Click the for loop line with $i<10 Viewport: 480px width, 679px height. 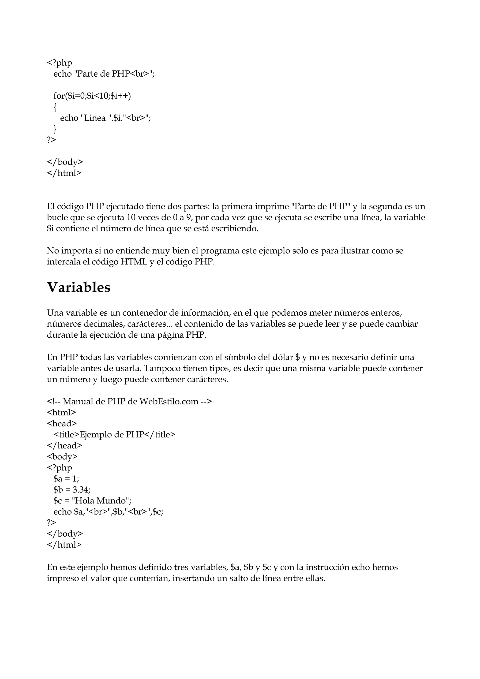point(92,96)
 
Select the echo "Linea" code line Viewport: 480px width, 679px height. point(105,118)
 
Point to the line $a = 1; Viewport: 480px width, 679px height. point(66,479)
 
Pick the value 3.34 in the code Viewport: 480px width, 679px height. point(80,490)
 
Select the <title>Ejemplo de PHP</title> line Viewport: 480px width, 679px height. point(114,435)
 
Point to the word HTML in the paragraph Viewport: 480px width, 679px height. point(134,262)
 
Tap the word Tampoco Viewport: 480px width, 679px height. point(162,369)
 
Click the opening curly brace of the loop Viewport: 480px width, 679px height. point(55,107)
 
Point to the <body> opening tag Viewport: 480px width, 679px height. point(62,457)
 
